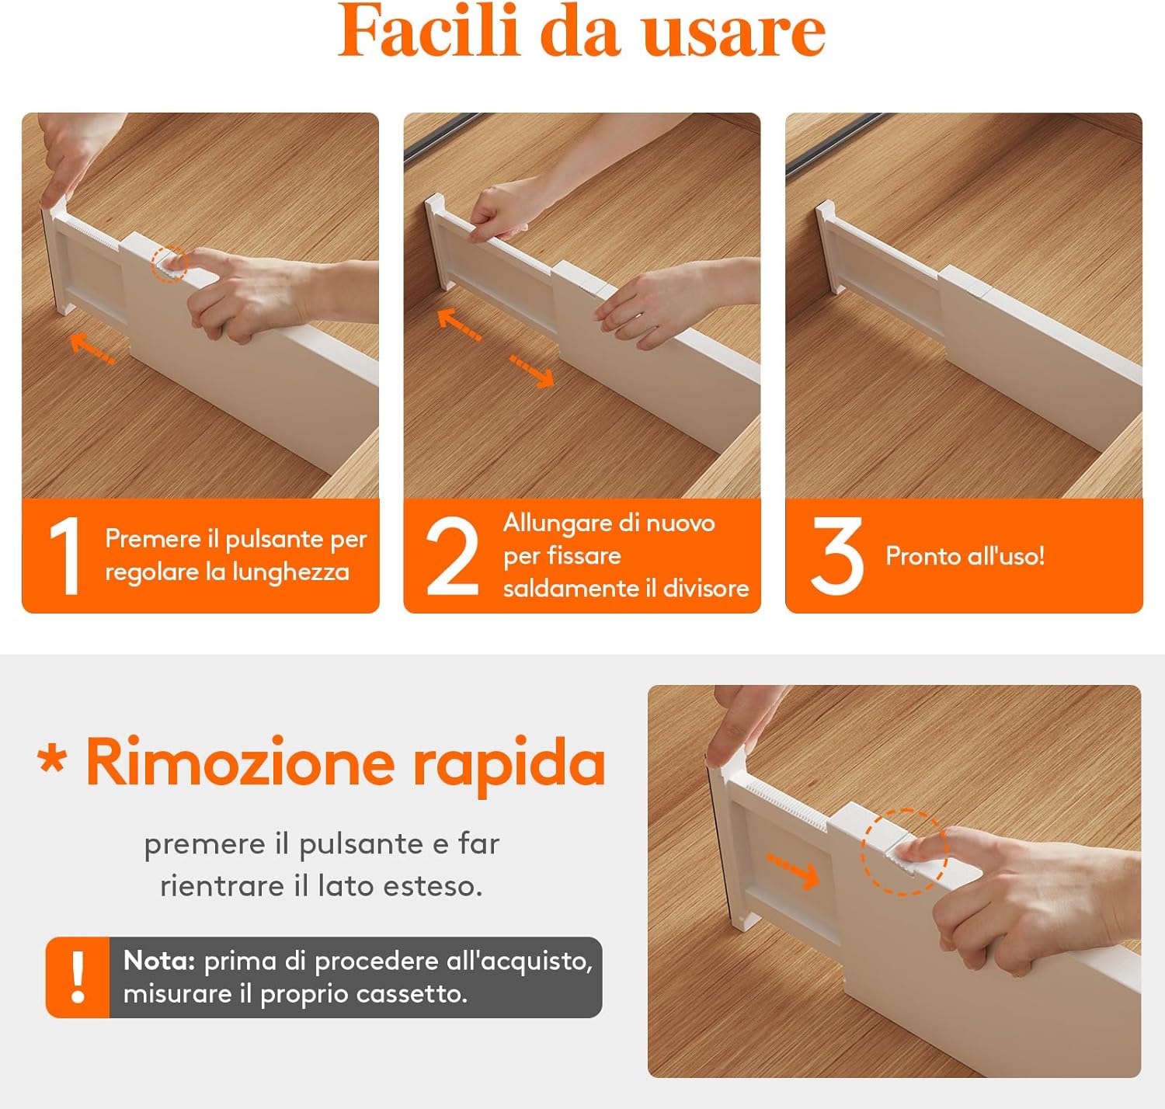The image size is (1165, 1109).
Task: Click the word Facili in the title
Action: tap(428, 32)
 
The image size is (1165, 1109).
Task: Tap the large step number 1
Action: tap(64, 556)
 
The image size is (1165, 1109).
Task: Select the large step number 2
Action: tap(452, 556)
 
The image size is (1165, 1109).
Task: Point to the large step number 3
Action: tap(836, 556)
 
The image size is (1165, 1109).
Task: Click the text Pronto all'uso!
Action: tap(965, 556)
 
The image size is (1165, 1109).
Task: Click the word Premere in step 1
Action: tap(152, 539)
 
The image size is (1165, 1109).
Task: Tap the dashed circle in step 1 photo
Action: tap(169, 264)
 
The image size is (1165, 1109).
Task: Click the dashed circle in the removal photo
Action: tap(904, 852)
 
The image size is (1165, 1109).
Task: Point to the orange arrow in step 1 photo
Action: tap(92, 349)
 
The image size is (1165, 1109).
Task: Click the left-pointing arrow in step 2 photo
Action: tap(459, 325)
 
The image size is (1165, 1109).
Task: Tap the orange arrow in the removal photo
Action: tap(793, 870)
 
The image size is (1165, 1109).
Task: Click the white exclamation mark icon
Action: tap(78, 978)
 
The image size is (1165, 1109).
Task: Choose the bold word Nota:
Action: tap(159, 961)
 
